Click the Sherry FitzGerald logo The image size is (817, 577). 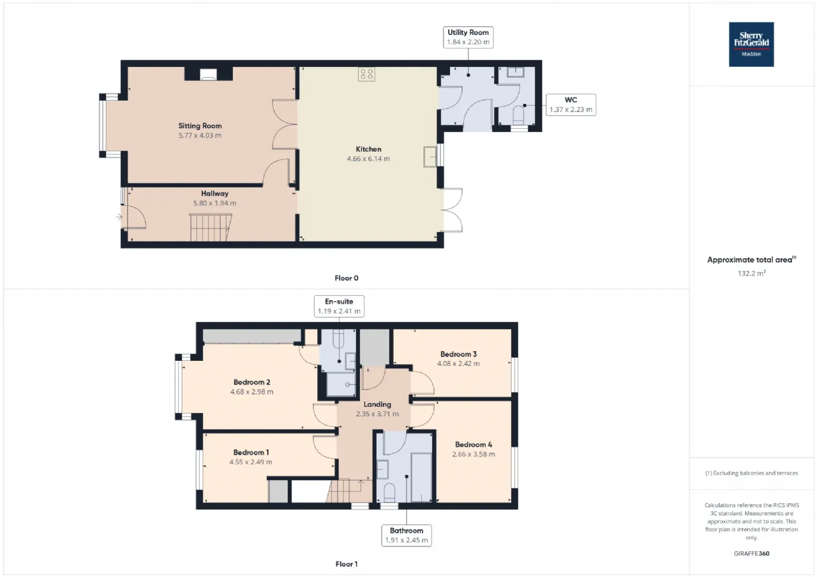pos(751,44)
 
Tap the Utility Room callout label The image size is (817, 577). pos(468,37)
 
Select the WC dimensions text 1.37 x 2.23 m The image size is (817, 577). pos(571,110)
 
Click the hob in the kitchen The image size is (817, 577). pos(366,75)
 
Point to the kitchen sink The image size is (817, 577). pos(430,157)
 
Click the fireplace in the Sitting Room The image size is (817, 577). pos(208,74)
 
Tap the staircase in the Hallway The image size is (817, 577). pos(211,228)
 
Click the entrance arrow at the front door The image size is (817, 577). pos(119,217)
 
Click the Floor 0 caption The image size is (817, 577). pos(347,278)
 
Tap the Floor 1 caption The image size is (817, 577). pos(347,564)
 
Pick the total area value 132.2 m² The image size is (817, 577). pos(751,273)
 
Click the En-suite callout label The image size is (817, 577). pos(339,306)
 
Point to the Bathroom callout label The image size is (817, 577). pos(407,535)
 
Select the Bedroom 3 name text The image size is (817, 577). pos(458,354)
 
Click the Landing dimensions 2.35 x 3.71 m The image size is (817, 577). pos(377,414)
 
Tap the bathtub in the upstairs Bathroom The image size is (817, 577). pos(421,478)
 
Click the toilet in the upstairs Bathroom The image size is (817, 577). pos(389,492)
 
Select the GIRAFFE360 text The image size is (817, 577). pos(751,553)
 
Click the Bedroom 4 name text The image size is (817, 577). pos(474,444)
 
